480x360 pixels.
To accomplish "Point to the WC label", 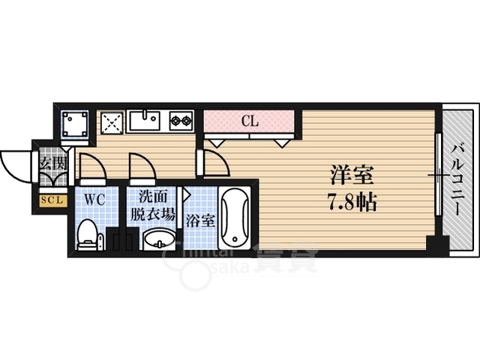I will (94, 200).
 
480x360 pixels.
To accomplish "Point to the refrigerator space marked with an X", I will (112, 121).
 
